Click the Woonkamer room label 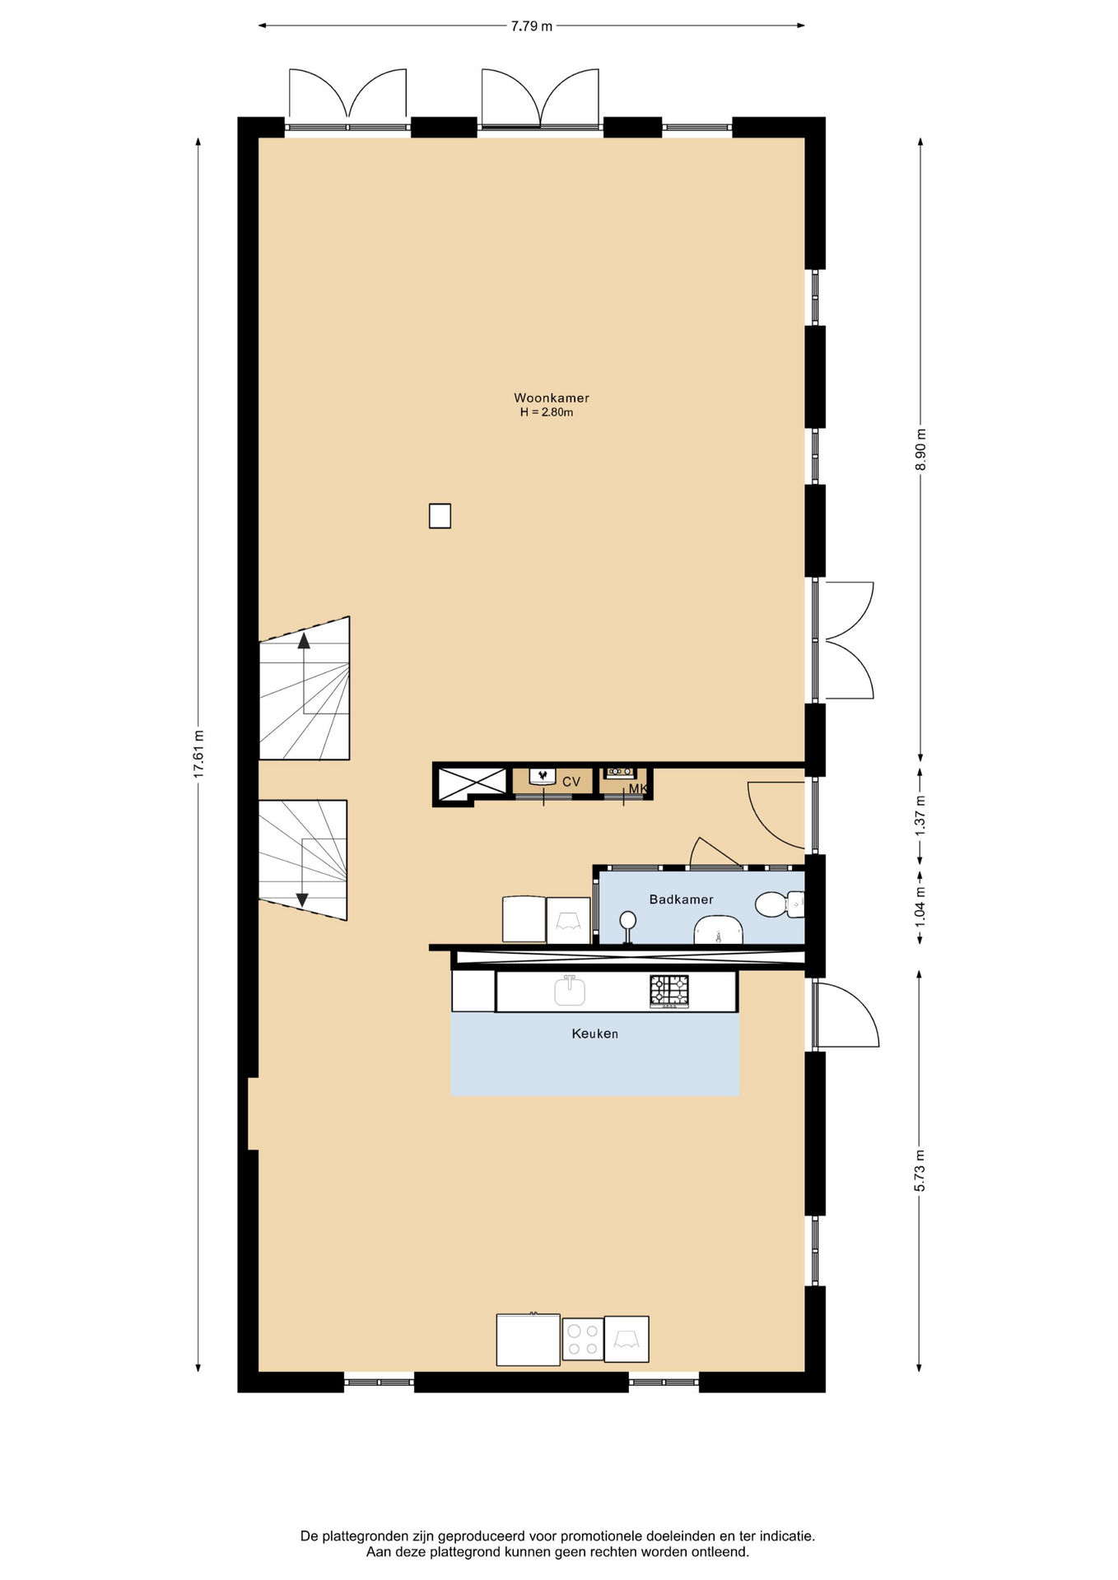pos(551,398)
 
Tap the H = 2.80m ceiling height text pos(546,412)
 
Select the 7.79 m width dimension pos(531,26)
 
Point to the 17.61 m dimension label pos(198,754)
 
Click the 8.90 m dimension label pos(920,449)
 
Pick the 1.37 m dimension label pos(920,816)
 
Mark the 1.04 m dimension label pos(920,905)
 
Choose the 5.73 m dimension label pos(920,1170)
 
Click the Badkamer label pos(681,899)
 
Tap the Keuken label pos(594,1034)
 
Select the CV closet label pos(571,782)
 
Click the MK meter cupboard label pos(638,789)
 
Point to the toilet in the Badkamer pos(779,904)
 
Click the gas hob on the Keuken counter pos(669,992)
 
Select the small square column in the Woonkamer pos(440,516)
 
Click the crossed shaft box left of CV pos(472,783)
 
